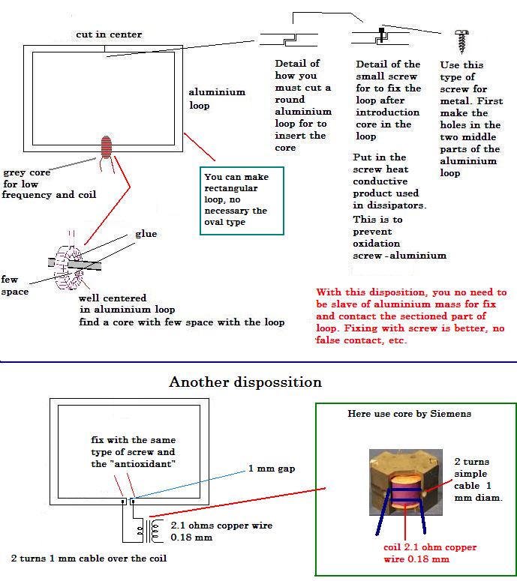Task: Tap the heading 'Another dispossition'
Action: coord(245,382)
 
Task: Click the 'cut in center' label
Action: coord(108,34)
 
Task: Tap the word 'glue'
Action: coord(146,234)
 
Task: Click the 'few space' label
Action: coord(14,286)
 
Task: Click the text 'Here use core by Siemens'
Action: coord(409,414)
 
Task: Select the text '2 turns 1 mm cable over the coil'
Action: coord(89,559)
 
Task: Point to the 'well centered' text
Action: coord(113,297)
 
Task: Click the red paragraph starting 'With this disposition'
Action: coord(411,316)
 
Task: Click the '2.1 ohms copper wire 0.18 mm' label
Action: coord(221,532)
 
